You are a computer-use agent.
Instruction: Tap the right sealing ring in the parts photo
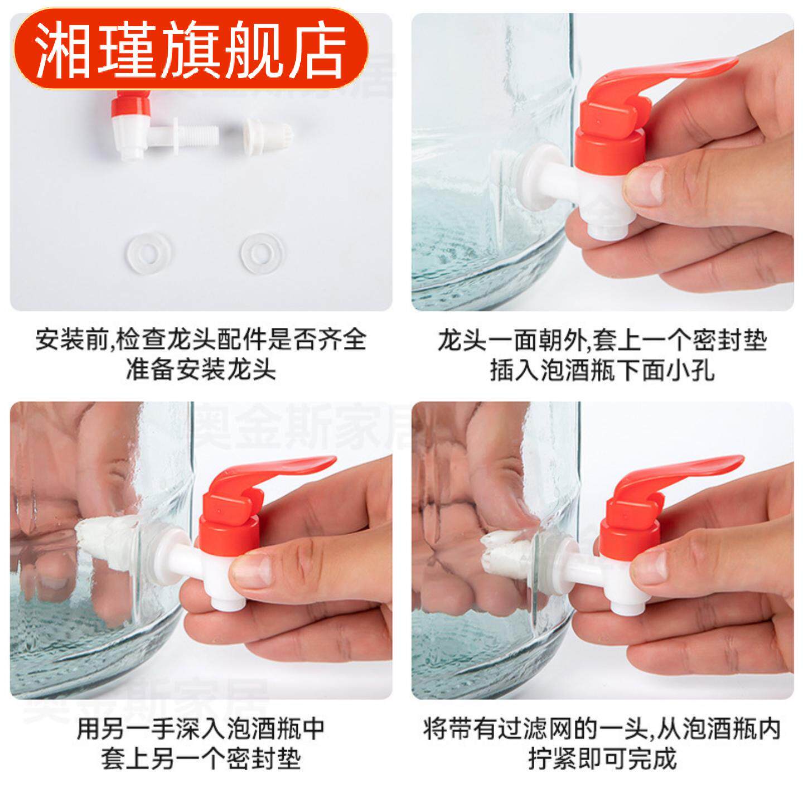tap(260, 254)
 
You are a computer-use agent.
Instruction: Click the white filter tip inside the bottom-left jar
tap(109, 535)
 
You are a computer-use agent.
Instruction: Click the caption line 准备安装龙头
tap(200, 369)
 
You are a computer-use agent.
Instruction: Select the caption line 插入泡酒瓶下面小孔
tap(602, 370)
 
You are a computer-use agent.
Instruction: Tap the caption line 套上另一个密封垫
tap(200, 758)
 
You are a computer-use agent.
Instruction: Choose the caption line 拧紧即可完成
tap(602, 758)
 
